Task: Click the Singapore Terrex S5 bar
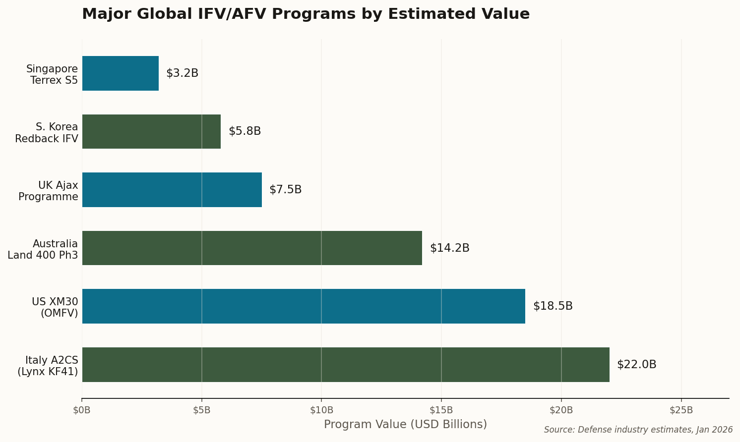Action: click(121, 73)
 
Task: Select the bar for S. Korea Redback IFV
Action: click(151, 132)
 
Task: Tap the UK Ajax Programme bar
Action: click(172, 190)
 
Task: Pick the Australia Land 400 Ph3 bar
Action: click(252, 248)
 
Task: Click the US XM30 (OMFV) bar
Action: click(304, 306)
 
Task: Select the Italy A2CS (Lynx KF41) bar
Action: click(346, 365)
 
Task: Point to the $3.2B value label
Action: click(182, 73)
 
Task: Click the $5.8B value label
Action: click(245, 131)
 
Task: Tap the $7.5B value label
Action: click(285, 190)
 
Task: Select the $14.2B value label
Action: click(449, 248)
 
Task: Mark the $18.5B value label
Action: click(553, 306)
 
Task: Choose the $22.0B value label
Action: click(636, 365)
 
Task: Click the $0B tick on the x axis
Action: click(82, 410)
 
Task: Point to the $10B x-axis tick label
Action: click(321, 410)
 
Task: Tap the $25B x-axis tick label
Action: click(681, 410)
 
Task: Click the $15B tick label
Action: click(441, 410)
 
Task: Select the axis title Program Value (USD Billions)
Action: click(405, 425)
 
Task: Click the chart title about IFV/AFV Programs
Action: click(306, 14)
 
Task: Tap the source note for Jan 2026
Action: click(638, 430)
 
